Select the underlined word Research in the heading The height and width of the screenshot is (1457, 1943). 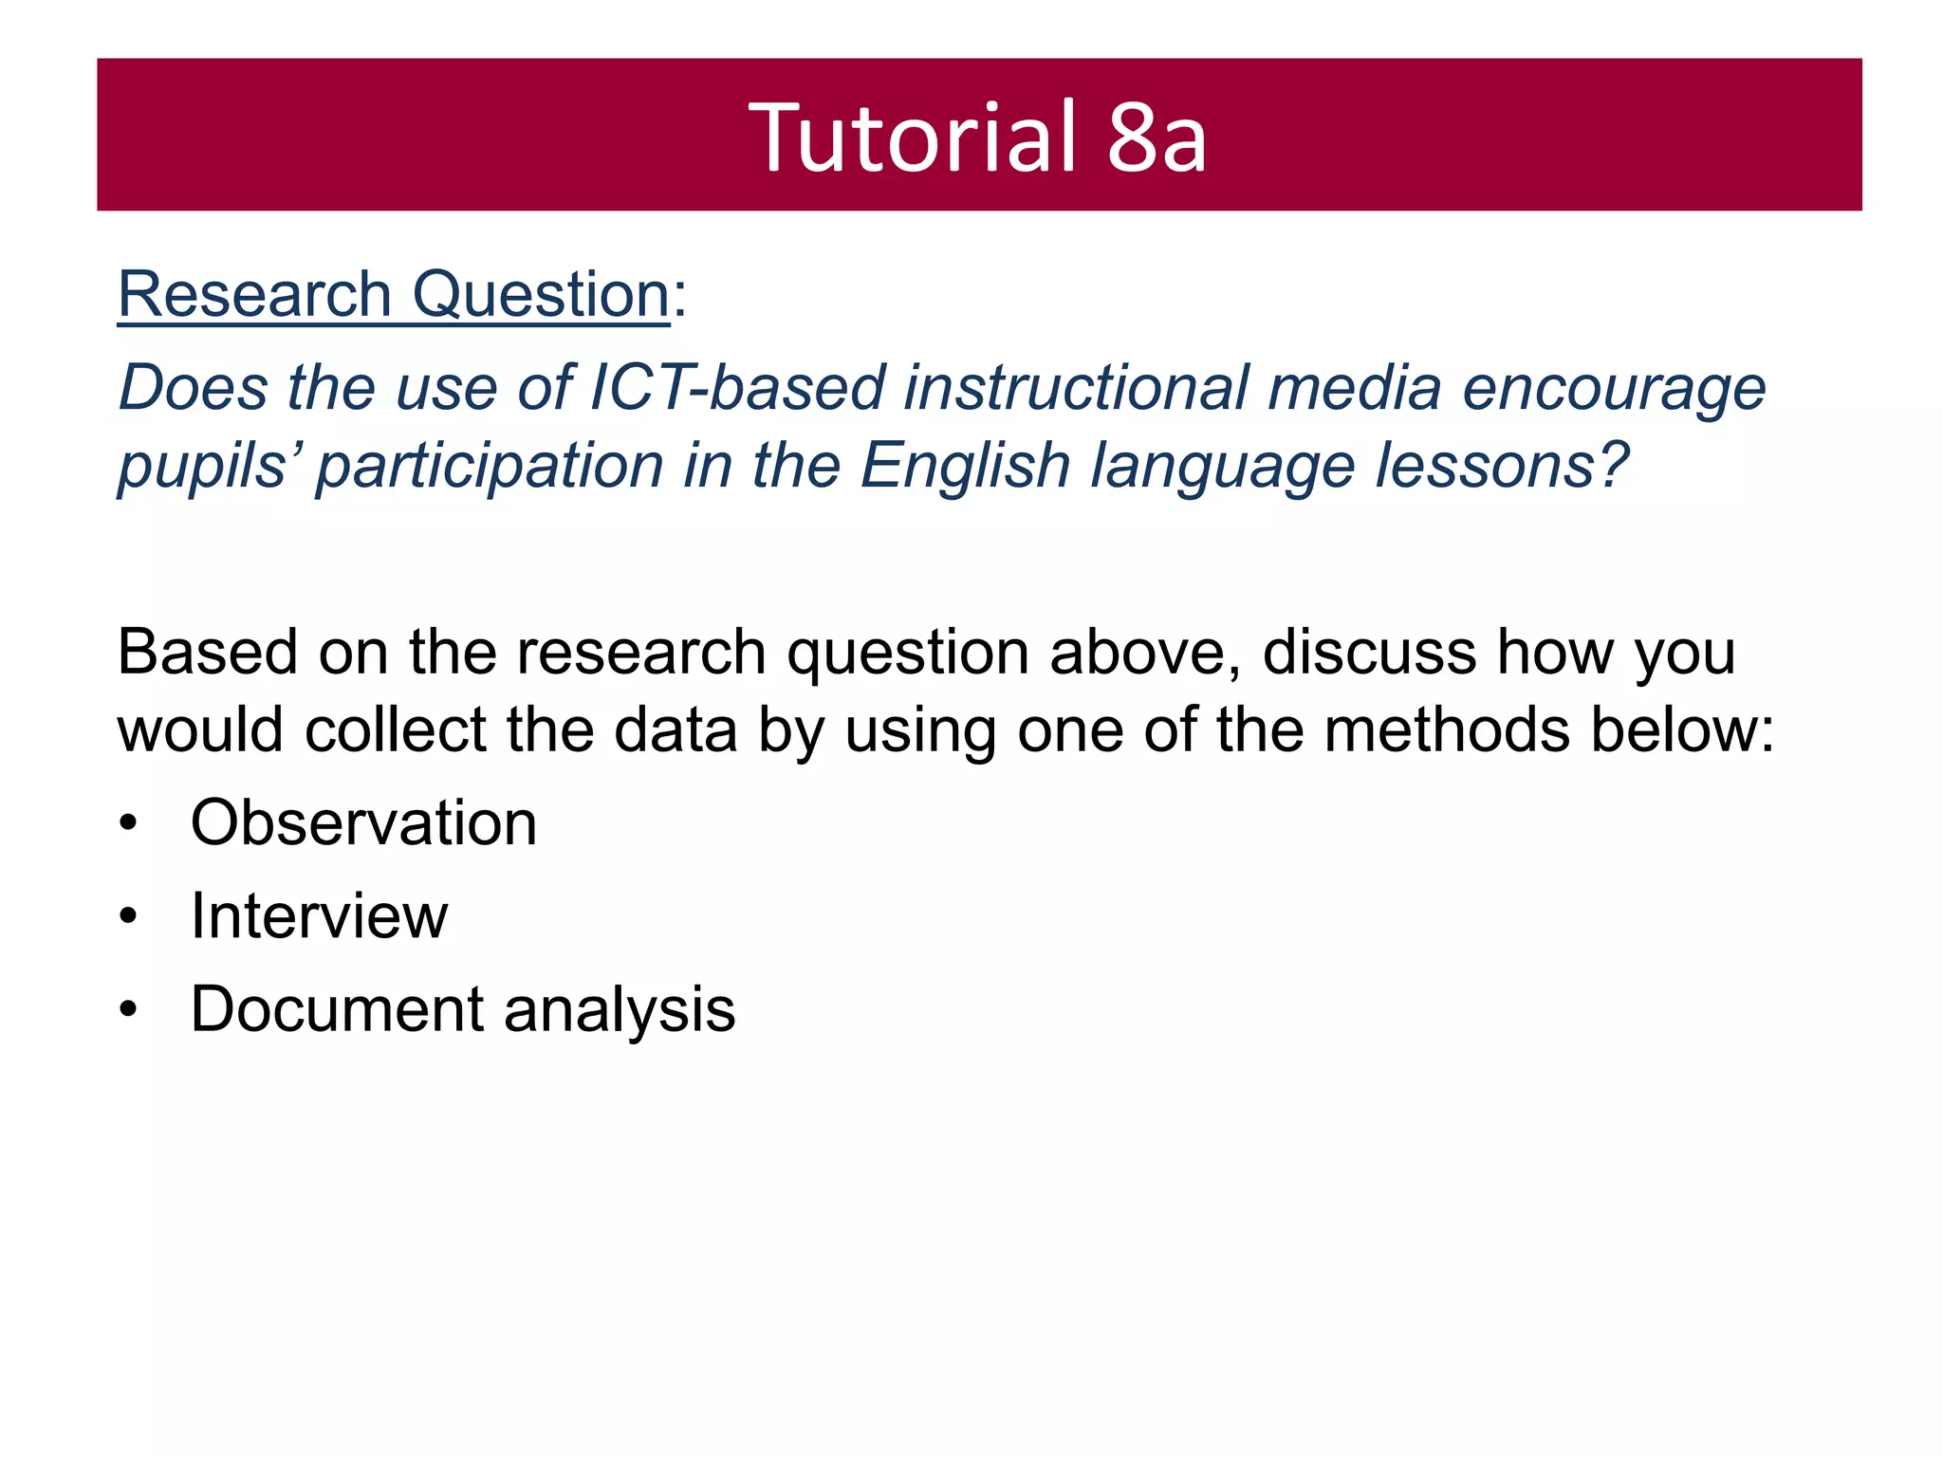[x=254, y=294]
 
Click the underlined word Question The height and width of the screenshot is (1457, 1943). [x=542, y=294]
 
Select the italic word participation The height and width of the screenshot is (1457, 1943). [x=490, y=468]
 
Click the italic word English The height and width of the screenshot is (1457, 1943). [x=965, y=468]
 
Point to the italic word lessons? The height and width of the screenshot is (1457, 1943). [x=1502, y=466]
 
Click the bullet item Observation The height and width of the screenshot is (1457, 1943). [x=363, y=822]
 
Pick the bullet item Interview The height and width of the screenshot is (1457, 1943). [x=319, y=916]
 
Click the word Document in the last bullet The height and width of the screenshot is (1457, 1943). [x=338, y=1008]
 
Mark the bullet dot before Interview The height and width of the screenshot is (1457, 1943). [x=129, y=917]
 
